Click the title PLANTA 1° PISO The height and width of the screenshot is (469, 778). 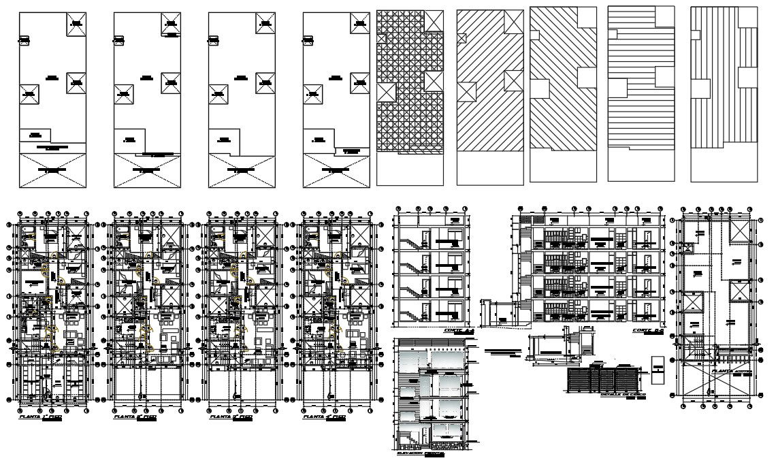tap(42, 417)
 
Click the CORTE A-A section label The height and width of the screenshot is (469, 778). tap(457, 330)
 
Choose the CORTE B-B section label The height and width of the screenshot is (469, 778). tap(647, 330)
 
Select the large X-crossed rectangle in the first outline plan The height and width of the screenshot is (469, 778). tap(52, 170)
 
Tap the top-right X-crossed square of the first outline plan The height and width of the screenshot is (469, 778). tap(76, 25)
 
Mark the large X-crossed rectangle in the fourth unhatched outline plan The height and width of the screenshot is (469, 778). tap(336, 170)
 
